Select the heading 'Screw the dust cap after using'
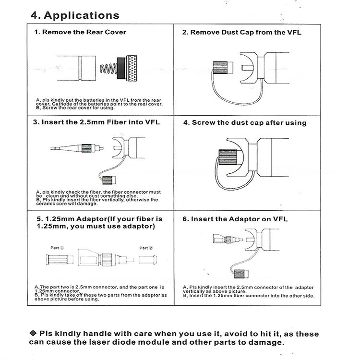(x=244, y=123)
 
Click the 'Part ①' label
(x=58, y=248)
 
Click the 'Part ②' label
(x=146, y=248)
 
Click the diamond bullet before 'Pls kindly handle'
(x=33, y=333)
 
